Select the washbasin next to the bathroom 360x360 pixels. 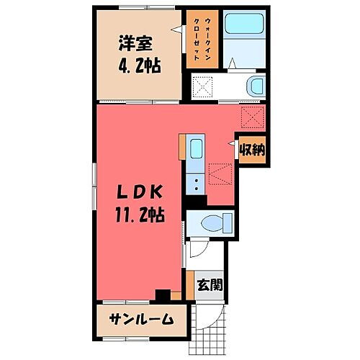[255, 87]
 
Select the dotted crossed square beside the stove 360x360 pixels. [218, 174]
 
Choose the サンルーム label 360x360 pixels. [140, 319]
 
